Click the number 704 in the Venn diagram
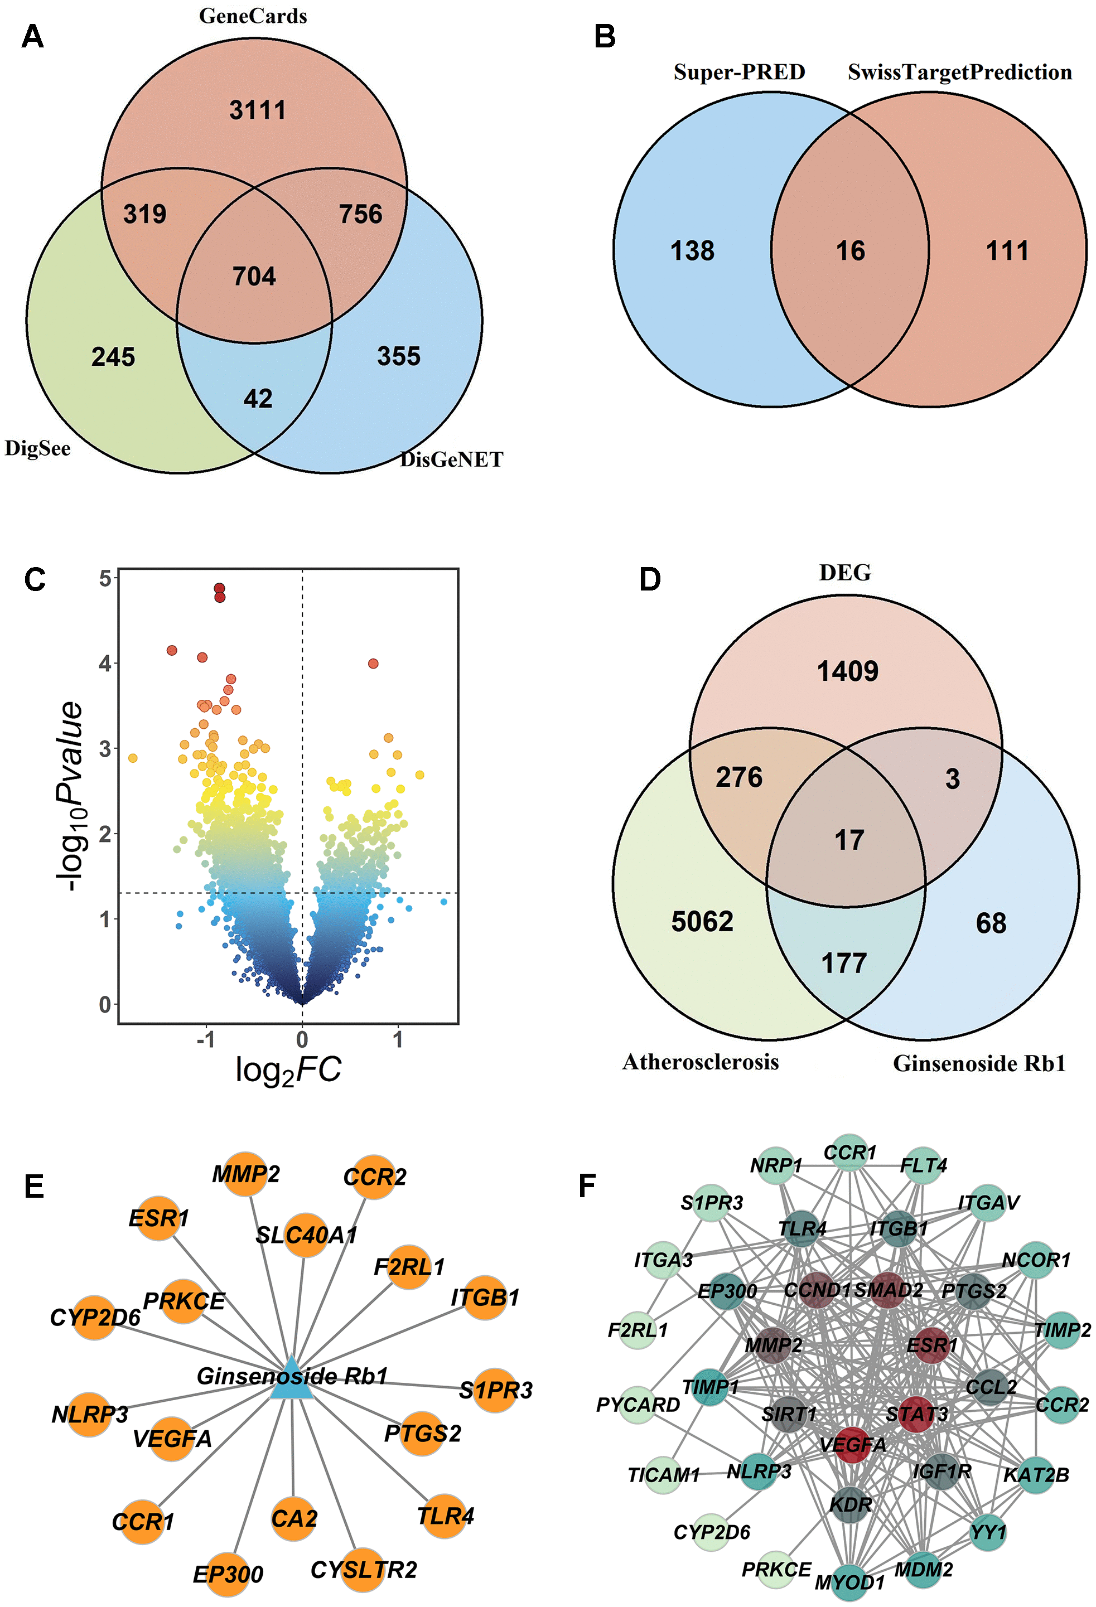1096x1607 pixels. tap(254, 277)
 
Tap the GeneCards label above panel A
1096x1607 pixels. tap(253, 16)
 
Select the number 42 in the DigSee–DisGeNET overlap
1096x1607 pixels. tap(258, 398)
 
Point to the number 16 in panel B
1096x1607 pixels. tap(851, 250)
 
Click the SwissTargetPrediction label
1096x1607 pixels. tap(960, 72)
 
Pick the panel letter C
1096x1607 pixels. tap(35, 579)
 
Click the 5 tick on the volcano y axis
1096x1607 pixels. tap(105, 578)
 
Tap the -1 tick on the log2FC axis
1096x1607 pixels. tap(205, 1040)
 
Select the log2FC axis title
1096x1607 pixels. tap(288, 1069)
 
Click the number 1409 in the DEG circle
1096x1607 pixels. tap(848, 671)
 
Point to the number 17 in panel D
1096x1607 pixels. tap(849, 840)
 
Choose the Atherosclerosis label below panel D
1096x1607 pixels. tap(701, 1062)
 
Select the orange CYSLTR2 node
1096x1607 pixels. tap(361, 1570)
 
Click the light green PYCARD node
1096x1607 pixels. tap(638, 1405)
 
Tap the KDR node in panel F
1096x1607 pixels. tap(851, 1504)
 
